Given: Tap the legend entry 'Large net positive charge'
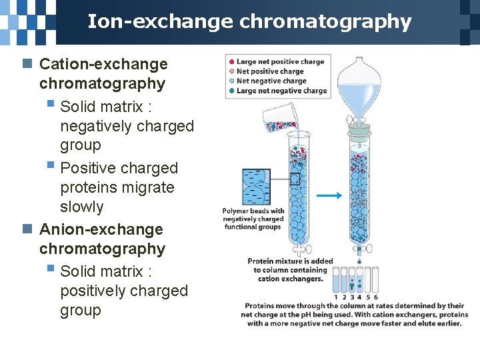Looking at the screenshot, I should pyautogui.click(x=280, y=62).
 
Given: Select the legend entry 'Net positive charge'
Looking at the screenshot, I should pyautogui.click(x=270, y=71).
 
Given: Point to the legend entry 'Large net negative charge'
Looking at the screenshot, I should pyautogui.click(x=281, y=91).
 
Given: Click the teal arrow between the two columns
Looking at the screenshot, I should pyautogui.click(x=329, y=196).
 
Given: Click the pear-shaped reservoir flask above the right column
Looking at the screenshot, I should pyautogui.click(x=359, y=83).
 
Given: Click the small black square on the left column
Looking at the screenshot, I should pyautogui.click(x=295, y=178).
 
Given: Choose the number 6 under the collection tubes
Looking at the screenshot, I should pyautogui.click(x=376, y=297).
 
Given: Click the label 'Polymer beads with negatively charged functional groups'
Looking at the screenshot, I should pyautogui.click(x=253, y=219).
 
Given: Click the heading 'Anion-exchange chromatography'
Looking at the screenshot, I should pyautogui.click(x=101, y=239).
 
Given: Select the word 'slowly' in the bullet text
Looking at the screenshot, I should pyautogui.click(x=82, y=207).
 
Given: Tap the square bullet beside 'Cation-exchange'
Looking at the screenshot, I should pyautogui.click(x=27, y=64).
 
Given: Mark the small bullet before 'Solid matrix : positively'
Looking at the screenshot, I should pyautogui.click(x=51, y=270).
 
